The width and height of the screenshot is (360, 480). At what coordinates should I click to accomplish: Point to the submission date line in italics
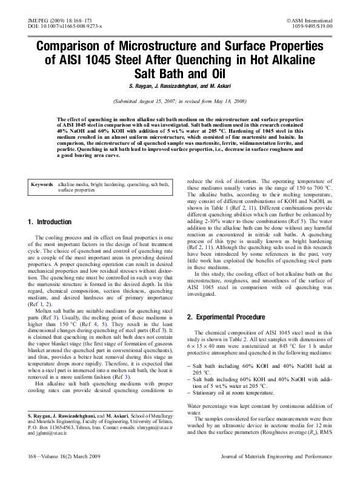pyautogui.click(x=180, y=102)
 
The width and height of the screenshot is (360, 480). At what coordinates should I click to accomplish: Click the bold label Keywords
pyautogui.click(x=43, y=184)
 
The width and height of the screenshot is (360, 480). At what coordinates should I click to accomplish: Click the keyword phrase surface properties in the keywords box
pyautogui.click(x=76, y=190)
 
